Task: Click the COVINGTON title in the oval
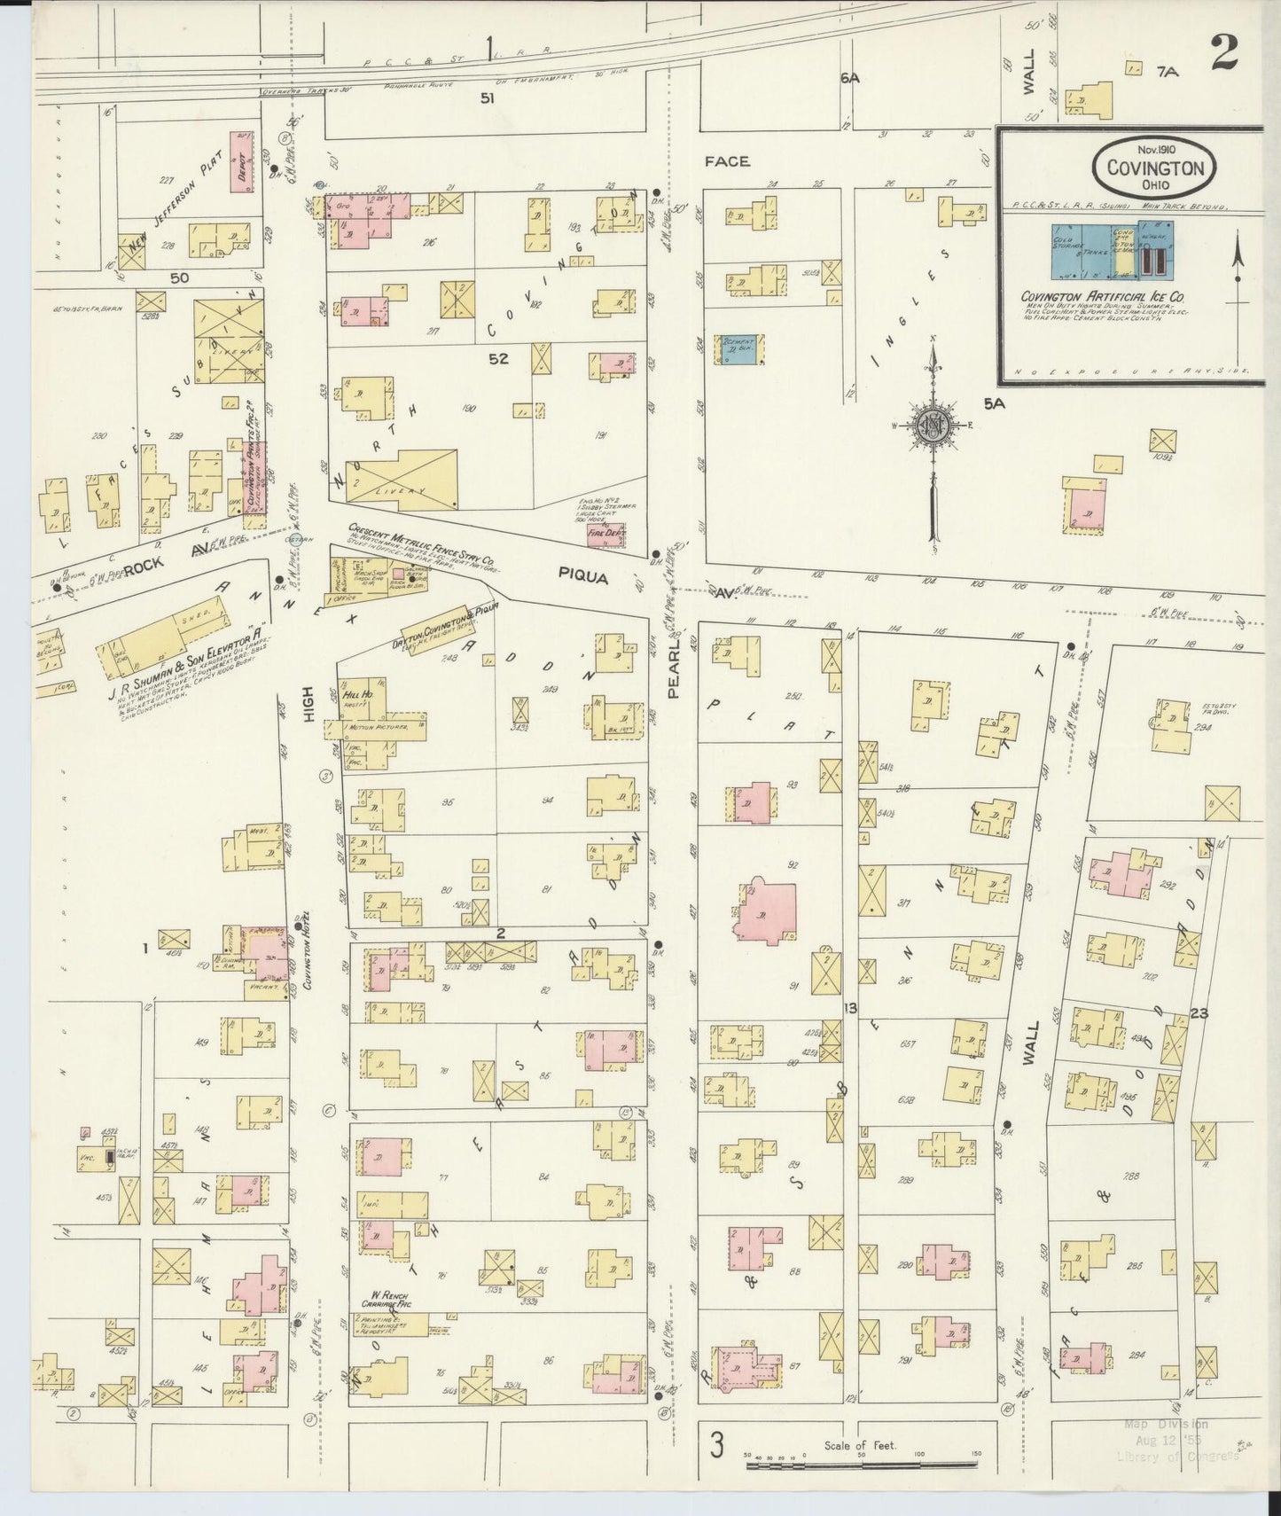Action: pyautogui.click(x=1153, y=168)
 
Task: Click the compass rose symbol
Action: pyautogui.click(x=933, y=424)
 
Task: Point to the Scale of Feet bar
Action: pyautogui.click(x=860, y=1466)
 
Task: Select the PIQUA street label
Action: pyautogui.click(x=582, y=577)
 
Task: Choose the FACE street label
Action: pyautogui.click(x=727, y=161)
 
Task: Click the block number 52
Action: pyautogui.click(x=497, y=358)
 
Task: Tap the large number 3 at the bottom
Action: pyautogui.click(x=715, y=1445)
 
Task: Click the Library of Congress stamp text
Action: pyautogui.click(x=1164, y=1457)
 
